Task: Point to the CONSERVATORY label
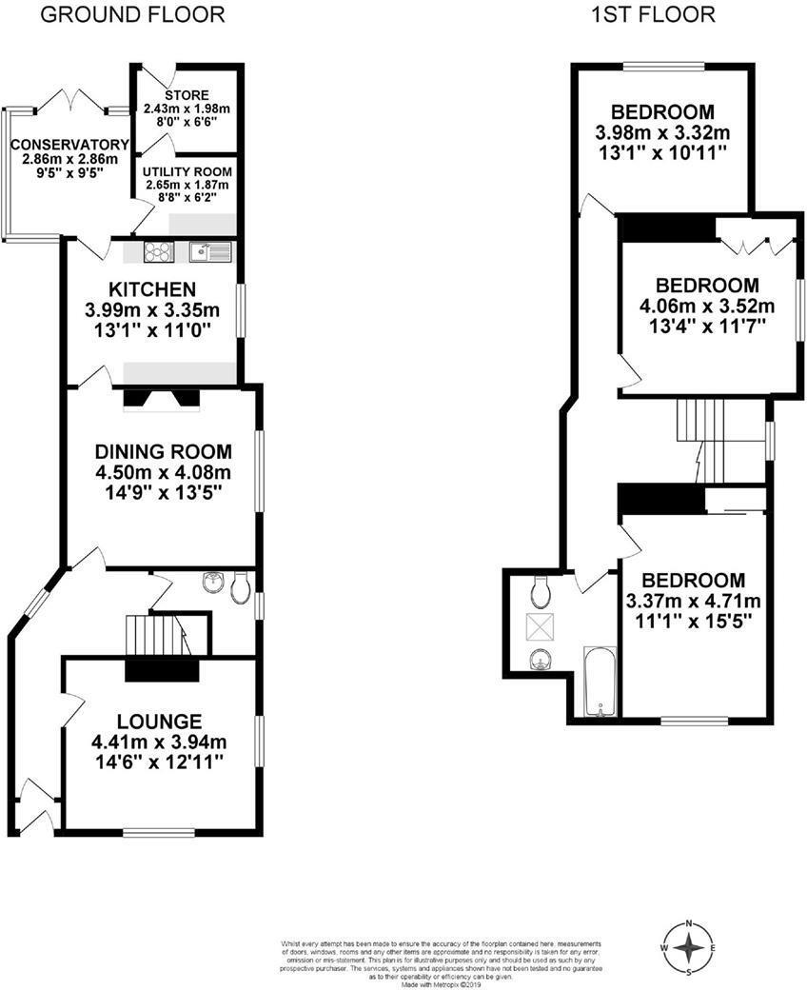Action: pyautogui.click(x=64, y=145)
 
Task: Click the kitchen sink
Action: pyautogui.click(x=209, y=252)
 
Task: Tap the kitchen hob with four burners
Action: pyautogui.click(x=158, y=252)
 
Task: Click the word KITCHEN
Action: pyautogui.click(x=152, y=289)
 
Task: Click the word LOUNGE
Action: pyautogui.click(x=160, y=721)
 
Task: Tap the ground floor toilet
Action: pyautogui.click(x=240, y=587)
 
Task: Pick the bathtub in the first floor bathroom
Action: pyautogui.click(x=600, y=682)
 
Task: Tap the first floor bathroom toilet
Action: pyautogui.click(x=541, y=591)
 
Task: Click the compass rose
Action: pyautogui.click(x=688, y=947)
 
